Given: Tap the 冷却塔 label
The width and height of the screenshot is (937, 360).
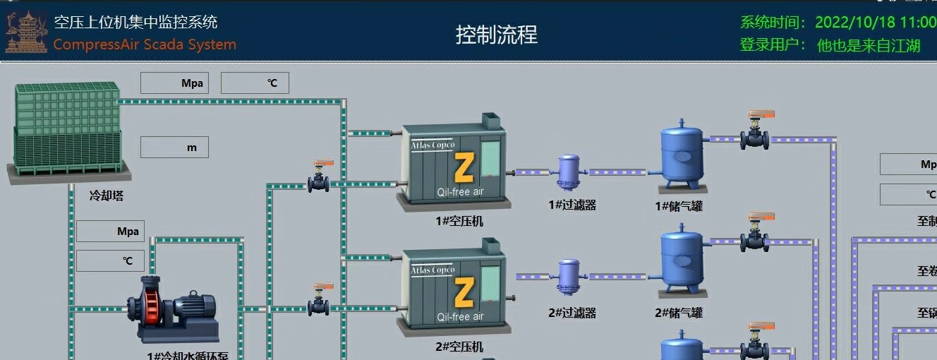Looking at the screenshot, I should point(106,196).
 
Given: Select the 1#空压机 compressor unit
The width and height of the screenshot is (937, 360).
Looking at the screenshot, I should point(454,164).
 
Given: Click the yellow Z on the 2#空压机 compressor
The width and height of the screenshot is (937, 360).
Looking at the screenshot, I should point(464,291).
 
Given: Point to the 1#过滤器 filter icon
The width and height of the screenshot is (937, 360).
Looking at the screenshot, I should point(568,172).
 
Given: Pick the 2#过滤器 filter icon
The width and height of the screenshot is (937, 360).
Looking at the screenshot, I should point(568,277).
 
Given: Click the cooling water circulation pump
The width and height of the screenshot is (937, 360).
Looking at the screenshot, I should point(172,309).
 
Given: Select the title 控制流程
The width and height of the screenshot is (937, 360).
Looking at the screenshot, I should point(496,34).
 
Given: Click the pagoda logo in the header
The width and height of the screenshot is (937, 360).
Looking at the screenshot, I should point(25,32).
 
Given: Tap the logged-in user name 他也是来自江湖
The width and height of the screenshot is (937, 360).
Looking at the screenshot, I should point(869,46).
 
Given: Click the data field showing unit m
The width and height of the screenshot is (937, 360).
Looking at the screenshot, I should point(174,148).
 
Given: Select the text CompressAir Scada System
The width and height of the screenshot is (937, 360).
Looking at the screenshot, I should point(145,44).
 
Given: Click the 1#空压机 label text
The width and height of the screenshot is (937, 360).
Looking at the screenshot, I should point(459,221).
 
